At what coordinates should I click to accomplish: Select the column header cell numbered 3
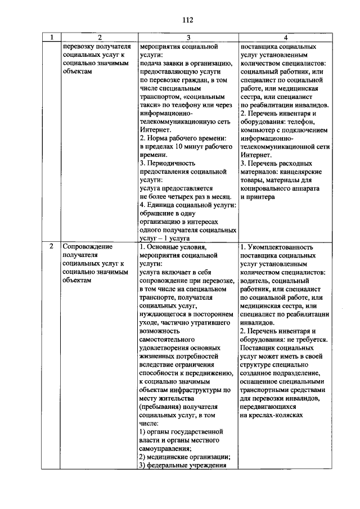(188, 38)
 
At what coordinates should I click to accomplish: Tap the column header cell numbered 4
(285, 38)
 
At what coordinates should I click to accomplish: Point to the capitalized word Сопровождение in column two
(88, 246)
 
